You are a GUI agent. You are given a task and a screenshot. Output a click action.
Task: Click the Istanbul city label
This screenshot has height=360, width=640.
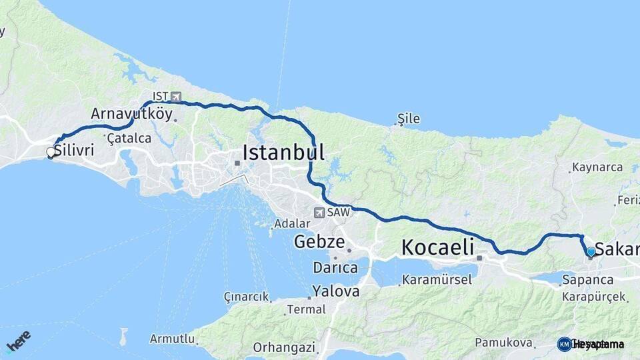[283, 153]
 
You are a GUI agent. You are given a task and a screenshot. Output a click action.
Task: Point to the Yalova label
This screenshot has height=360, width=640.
[336, 291]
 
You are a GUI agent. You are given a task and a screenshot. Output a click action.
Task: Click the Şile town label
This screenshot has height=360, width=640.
[408, 119]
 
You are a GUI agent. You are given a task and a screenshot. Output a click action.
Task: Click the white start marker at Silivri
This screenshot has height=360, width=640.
[50, 153]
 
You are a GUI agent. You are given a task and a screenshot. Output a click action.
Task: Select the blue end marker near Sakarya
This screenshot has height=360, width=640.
[590, 251]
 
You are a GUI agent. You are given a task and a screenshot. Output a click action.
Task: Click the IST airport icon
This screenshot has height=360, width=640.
[175, 97]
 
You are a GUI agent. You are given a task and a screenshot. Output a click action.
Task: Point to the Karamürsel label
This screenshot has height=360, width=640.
[437, 279]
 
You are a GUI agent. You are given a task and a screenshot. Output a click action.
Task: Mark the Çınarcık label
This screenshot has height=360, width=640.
[246, 297]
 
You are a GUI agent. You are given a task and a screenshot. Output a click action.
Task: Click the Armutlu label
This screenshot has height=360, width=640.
[171, 339]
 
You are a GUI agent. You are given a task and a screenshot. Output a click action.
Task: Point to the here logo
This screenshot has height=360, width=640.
[18, 342]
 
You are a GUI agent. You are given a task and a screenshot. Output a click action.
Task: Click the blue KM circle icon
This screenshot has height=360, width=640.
[565, 344]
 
